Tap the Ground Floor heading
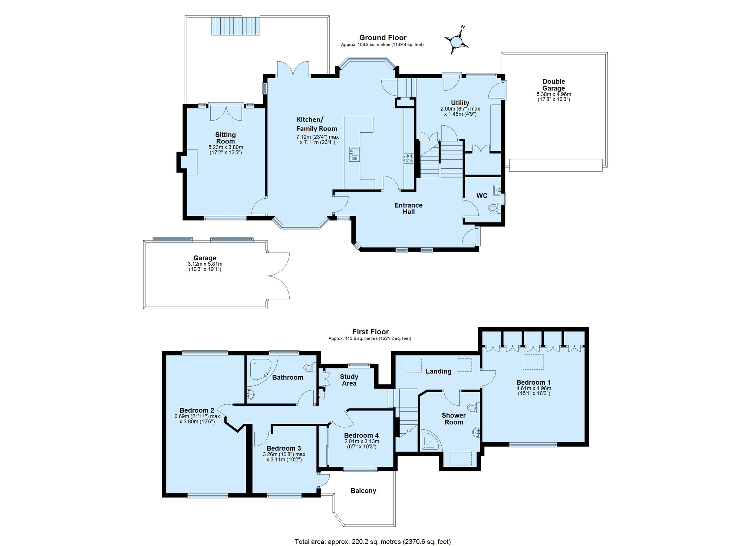click(383, 37)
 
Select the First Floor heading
click(370, 332)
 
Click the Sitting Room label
click(225, 138)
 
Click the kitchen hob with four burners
click(409, 158)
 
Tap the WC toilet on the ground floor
click(494, 209)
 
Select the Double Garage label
click(554, 85)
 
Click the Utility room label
click(460, 103)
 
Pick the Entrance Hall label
click(408, 208)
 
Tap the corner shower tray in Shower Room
click(431, 440)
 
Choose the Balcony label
click(363, 491)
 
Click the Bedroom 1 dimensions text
click(534, 391)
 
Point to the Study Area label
click(349, 380)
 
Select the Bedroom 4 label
click(361, 435)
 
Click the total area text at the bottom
click(373, 542)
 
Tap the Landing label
click(438, 371)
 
